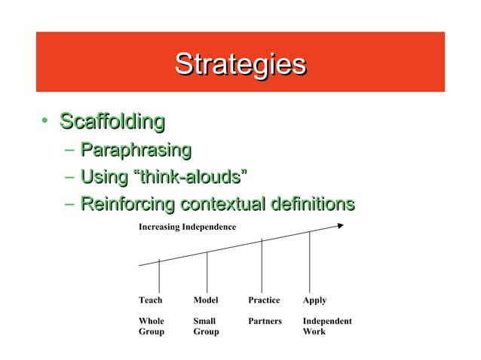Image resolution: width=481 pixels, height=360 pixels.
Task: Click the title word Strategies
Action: (x=240, y=64)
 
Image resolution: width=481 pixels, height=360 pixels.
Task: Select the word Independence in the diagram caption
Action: (x=209, y=227)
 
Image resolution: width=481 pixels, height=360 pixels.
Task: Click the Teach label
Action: (x=150, y=300)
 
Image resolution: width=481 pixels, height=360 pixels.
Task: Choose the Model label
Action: (x=205, y=300)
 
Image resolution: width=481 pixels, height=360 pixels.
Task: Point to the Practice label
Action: (x=264, y=300)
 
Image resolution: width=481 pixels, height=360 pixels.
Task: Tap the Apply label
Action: (x=314, y=300)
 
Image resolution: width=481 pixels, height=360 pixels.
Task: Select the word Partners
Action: (x=265, y=321)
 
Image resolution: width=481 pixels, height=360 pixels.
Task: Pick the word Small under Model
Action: (x=204, y=321)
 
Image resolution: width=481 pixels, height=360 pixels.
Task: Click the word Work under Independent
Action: (x=314, y=331)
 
